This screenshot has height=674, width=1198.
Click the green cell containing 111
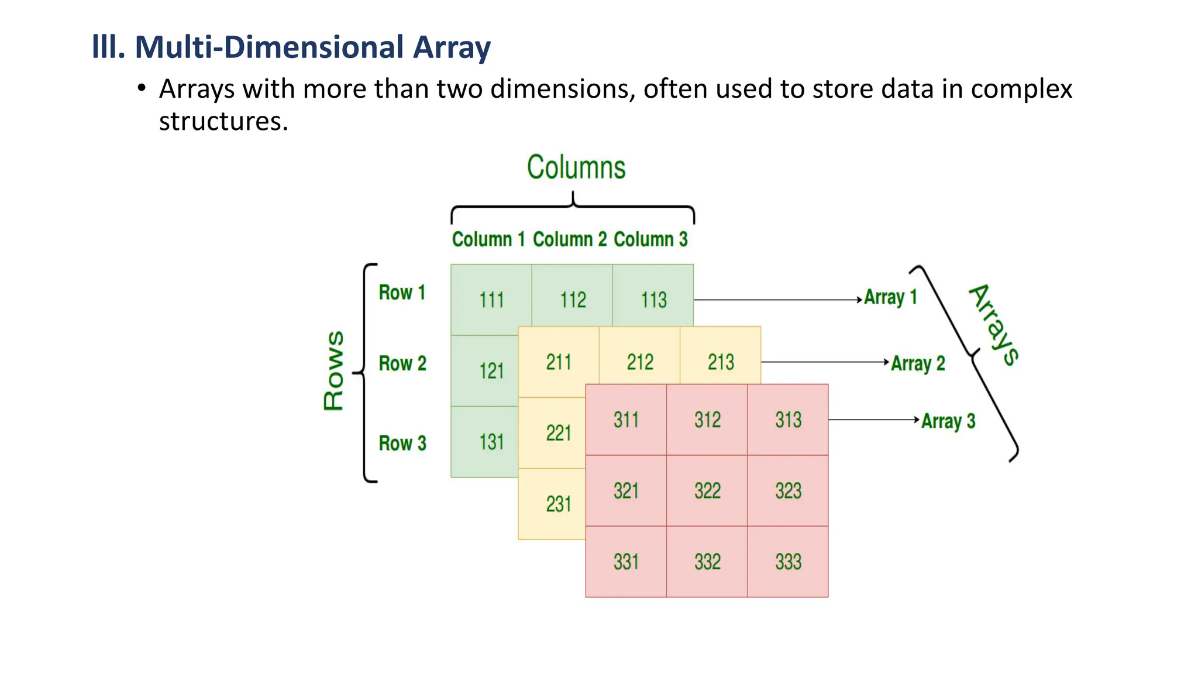[491, 300]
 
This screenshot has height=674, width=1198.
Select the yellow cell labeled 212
[639, 362]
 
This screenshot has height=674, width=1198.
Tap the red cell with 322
[707, 490]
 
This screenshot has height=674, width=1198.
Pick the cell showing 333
[787, 562]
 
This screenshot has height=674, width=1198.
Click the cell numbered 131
[491, 442]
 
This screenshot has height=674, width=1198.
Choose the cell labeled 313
[787, 419]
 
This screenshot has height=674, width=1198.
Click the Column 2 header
[570, 239]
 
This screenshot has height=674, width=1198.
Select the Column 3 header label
[650, 239]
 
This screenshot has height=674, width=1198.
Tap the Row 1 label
[402, 293]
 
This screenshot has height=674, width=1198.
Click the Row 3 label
[402, 443]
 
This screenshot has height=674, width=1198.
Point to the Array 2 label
[918, 363]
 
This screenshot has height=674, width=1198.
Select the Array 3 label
[948, 421]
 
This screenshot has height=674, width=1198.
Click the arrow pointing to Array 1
[778, 300]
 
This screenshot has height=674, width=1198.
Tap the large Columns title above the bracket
[576, 167]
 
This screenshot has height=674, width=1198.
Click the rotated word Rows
[334, 370]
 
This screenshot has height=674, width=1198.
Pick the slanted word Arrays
[994, 325]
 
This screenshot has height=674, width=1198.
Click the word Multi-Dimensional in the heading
[270, 47]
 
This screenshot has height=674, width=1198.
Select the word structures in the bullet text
[223, 121]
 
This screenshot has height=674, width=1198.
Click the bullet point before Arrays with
[141, 89]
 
